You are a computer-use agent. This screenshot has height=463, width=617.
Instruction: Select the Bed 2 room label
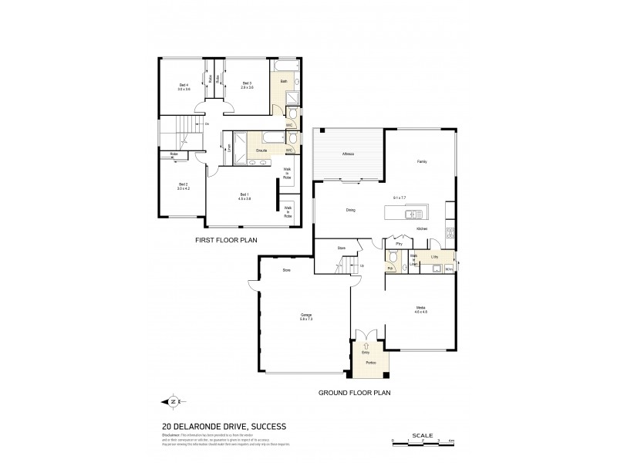pos(183,184)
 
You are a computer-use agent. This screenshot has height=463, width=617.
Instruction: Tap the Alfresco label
pos(348,154)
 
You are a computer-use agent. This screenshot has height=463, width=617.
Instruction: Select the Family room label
pos(421,162)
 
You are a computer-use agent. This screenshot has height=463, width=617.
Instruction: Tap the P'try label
pos(400,245)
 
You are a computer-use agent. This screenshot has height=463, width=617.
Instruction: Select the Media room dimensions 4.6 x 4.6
pos(420,313)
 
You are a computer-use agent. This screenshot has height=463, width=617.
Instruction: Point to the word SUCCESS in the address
pos(265,426)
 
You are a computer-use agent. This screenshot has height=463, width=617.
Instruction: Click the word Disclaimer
pos(171,436)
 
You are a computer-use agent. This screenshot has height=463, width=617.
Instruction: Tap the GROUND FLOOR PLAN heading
pos(355,394)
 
